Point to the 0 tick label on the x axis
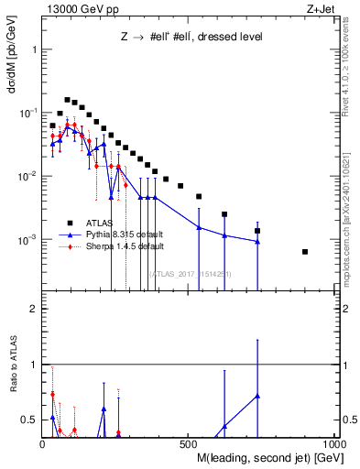coord(43,442)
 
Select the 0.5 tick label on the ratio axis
coord(28,420)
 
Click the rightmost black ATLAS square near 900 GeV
coord(305,252)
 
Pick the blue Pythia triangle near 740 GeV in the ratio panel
coord(257,396)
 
